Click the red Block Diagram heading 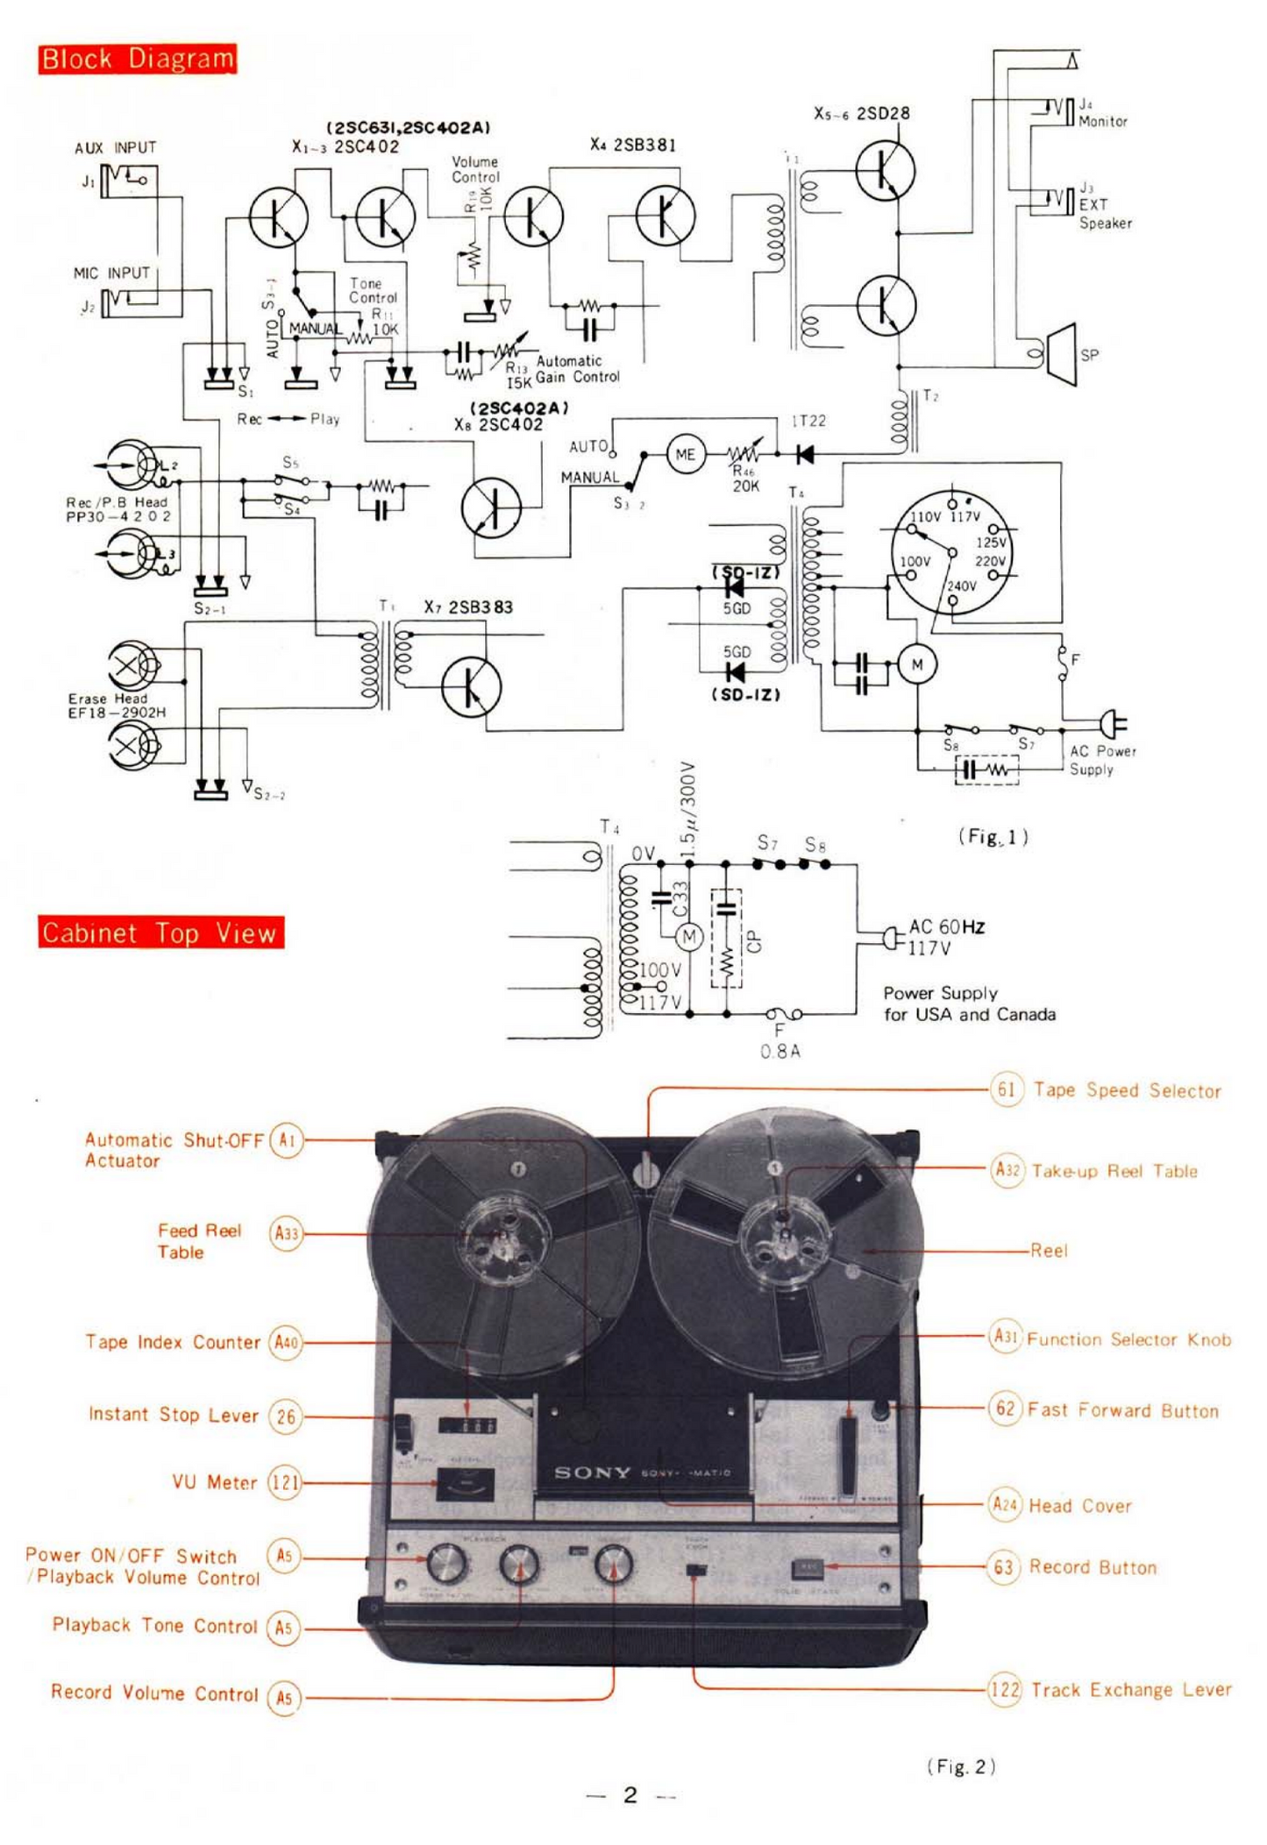coord(137,59)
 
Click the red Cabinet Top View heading coord(160,932)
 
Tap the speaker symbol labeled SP coord(1063,354)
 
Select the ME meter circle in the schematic coord(685,454)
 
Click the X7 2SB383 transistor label coord(468,607)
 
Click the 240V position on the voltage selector coord(961,586)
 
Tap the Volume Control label coord(474,169)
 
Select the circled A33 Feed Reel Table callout coord(286,1233)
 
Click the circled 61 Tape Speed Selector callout coord(1006,1089)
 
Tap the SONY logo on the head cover coord(593,1472)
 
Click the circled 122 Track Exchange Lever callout coord(1005,1688)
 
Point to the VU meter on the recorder coord(465,1484)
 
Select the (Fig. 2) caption coord(960,1766)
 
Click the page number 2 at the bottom coord(630,1795)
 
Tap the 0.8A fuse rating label coord(779,1051)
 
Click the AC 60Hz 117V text coord(945,937)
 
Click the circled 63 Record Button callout coord(1004,1566)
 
